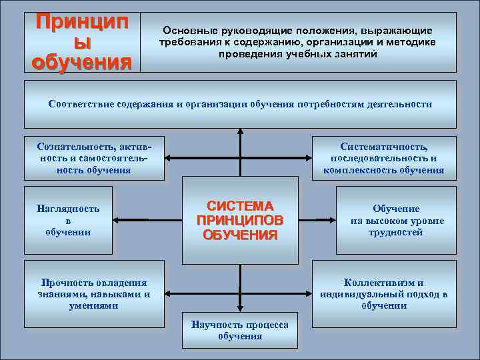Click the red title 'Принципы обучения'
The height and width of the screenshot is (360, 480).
click(x=82, y=41)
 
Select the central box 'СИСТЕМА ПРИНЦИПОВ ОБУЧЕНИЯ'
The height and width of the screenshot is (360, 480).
click(x=239, y=220)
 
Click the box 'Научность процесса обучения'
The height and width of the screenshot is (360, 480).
click(x=239, y=330)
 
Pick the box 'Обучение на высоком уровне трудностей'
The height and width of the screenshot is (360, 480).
click(x=396, y=220)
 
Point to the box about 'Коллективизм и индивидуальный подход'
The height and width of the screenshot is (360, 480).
click(x=384, y=293)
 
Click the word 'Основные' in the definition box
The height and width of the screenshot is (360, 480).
click(x=185, y=31)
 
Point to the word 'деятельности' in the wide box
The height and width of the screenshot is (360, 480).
click(x=403, y=104)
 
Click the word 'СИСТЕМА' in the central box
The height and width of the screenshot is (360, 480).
click(x=240, y=206)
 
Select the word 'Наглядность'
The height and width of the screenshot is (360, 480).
click(x=67, y=209)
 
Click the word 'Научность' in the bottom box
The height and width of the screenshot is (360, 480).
click(x=215, y=325)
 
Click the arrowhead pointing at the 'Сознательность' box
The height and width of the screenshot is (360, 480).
click(x=169, y=158)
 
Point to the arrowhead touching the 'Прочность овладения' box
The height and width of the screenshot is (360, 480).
click(x=169, y=293)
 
